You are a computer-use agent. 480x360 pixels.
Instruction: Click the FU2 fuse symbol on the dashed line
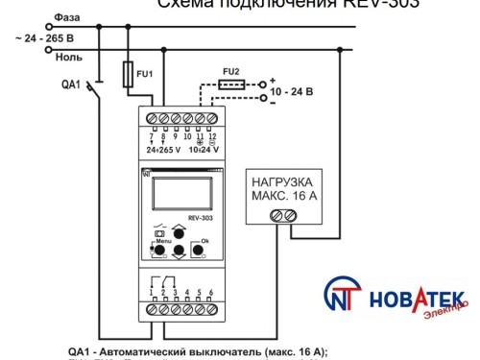click(230, 84)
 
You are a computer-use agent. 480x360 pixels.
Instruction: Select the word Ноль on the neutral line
click(68, 58)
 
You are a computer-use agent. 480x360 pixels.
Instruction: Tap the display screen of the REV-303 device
click(180, 193)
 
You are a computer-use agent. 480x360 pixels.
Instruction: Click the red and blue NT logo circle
click(344, 297)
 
